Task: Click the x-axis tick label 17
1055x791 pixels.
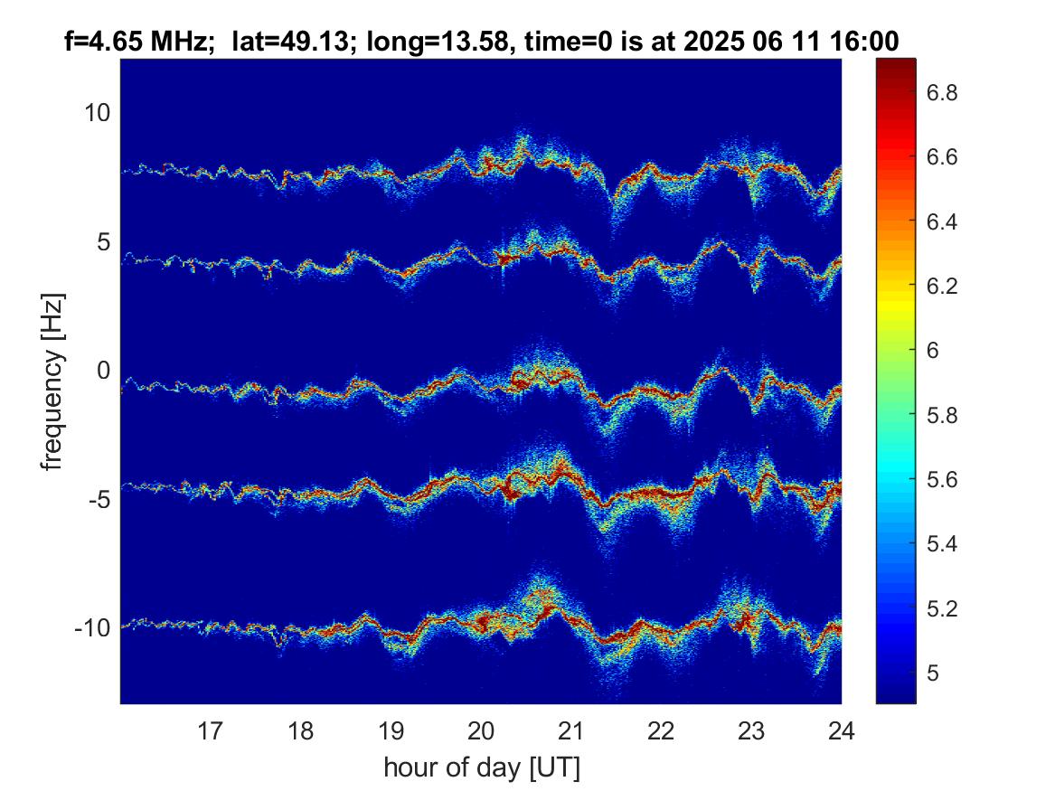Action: point(210,730)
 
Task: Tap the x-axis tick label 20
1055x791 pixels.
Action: point(481,730)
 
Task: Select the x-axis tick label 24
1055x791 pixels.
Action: point(841,730)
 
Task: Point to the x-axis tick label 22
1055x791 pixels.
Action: point(661,730)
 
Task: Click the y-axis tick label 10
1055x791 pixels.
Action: point(97,112)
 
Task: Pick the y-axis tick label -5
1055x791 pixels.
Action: point(99,499)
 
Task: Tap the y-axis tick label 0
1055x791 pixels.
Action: point(104,370)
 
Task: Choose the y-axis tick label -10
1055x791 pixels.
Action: point(92,627)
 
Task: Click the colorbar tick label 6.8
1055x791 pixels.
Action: point(942,92)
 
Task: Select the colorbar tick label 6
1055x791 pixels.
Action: point(933,351)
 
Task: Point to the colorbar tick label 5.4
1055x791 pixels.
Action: point(942,543)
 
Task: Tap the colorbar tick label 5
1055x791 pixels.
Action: point(933,673)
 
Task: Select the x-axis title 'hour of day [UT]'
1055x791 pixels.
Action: point(482,767)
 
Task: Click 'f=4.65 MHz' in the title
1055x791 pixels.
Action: point(135,42)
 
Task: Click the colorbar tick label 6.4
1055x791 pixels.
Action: point(942,221)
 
